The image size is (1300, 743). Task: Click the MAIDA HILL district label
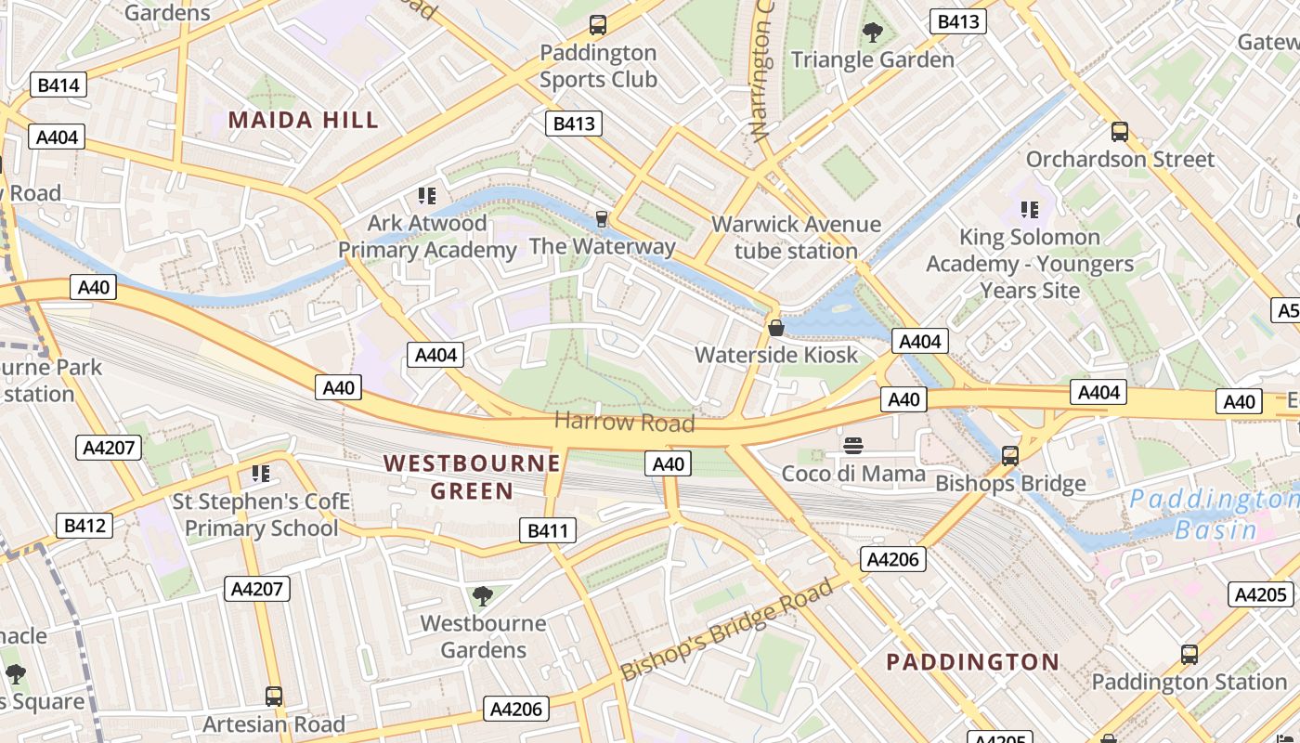point(304,120)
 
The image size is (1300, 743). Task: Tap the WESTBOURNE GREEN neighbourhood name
point(472,476)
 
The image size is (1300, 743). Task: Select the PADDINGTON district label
point(972,662)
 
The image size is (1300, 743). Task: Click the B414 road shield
point(58,85)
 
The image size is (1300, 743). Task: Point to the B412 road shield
point(84,526)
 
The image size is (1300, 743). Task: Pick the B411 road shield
point(547,531)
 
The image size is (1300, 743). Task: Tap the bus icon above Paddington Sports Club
point(598,25)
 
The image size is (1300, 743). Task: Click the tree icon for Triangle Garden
point(872,33)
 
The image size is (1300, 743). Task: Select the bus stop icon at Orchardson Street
point(1120,132)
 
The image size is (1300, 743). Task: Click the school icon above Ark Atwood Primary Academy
point(427,196)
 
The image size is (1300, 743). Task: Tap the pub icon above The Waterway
point(602,219)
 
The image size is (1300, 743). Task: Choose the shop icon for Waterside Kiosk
point(776,328)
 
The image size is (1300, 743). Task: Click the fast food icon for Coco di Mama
point(853,447)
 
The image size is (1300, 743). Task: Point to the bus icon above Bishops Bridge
point(1010,456)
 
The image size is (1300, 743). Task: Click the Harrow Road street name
point(624,423)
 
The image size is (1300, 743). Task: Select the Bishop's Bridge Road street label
point(726,631)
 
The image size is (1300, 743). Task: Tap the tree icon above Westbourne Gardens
point(482,595)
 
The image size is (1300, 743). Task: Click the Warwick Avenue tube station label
point(796,238)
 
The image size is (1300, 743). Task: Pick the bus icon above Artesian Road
point(274,696)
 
